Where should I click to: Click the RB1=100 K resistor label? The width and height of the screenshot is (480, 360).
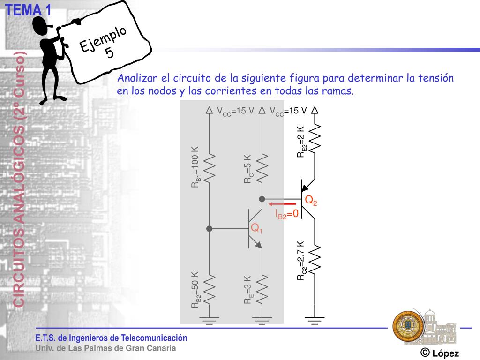tap(195, 167)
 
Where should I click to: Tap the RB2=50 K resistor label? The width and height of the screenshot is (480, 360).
tap(195, 290)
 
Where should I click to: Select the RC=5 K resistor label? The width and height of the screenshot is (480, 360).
tap(248, 169)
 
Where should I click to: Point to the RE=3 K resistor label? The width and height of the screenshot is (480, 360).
tap(248, 291)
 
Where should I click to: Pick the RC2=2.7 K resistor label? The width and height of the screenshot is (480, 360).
tap(301, 261)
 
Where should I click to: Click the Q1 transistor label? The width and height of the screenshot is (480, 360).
tap(256, 229)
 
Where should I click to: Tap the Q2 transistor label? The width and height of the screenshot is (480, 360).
tap(311, 201)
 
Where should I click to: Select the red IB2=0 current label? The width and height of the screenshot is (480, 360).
tap(287, 215)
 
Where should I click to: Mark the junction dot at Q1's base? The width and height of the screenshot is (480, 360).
tap(210, 229)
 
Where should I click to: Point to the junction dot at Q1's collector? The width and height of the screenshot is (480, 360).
tap(262, 199)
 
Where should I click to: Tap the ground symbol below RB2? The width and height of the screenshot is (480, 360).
tap(209, 321)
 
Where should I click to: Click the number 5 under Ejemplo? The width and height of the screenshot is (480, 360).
tap(109, 52)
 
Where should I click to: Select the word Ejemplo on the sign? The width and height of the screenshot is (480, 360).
tap(103, 39)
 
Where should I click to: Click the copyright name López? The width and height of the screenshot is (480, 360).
tap(445, 353)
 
